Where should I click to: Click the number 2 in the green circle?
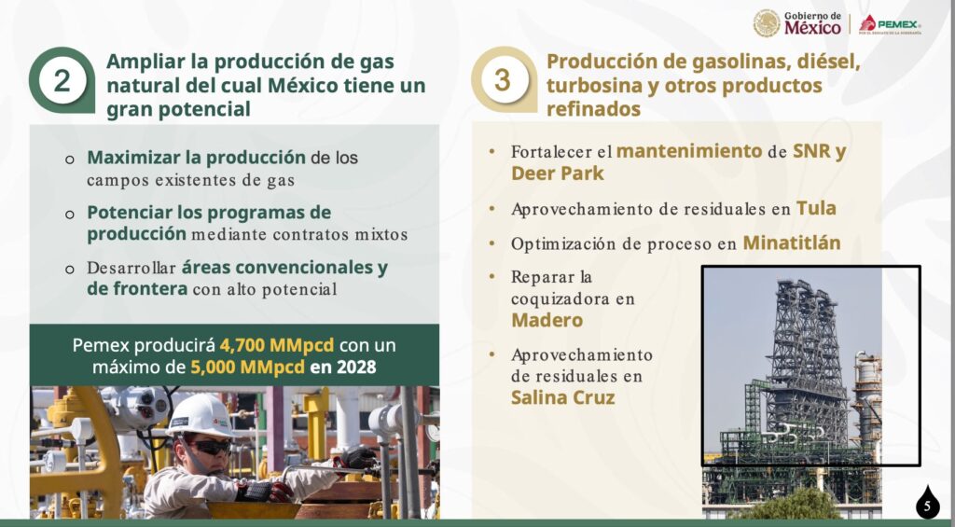tap(62, 81)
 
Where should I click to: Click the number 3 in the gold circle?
tap(503, 80)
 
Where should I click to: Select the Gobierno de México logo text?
tap(812, 23)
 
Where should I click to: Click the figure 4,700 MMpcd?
tap(277, 345)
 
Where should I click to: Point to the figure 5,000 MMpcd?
tap(248, 368)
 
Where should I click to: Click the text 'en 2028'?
tap(343, 368)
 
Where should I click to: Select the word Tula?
tap(816, 208)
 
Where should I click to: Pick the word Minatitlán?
tap(792, 243)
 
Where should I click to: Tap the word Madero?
tap(547, 320)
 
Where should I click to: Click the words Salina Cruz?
tap(562, 397)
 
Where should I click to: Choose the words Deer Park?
tap(558, 173)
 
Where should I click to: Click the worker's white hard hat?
tap(201, 415)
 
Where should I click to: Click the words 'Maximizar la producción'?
tap(196, 158)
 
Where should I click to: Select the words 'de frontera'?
tap(137, 288)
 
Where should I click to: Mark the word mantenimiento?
tap(689, 151)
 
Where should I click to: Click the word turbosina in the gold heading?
tap(594, 86)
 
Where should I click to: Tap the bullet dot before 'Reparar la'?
tap(492, 277)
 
